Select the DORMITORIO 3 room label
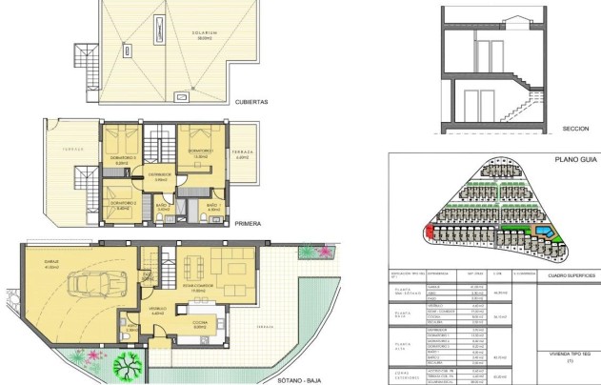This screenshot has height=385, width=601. tap(122, 157)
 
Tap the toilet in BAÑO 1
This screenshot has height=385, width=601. tap(208, 214)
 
